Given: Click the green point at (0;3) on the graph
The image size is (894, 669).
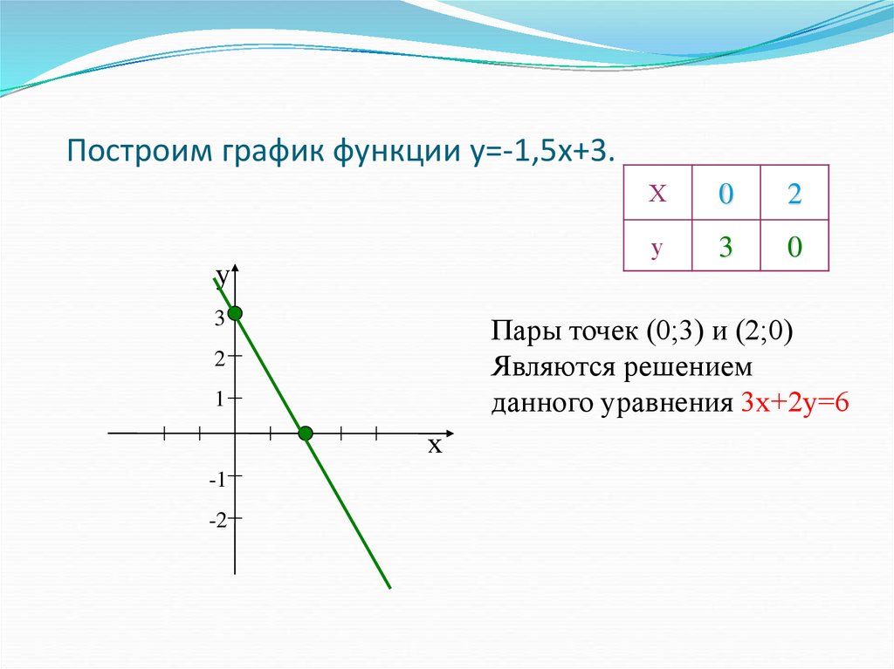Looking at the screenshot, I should pos(235,313).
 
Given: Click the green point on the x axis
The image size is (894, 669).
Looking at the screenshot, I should pos(306,433).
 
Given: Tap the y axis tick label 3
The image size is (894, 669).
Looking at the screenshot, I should pos(220,320).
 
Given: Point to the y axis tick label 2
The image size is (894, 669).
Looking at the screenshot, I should pos(220,358).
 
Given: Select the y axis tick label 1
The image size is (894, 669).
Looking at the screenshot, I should pos(221,398).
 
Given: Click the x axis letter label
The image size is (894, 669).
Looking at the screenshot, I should pos(435,447).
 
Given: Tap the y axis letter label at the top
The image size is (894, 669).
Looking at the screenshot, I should pos(223,277).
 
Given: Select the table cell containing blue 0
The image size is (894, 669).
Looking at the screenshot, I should pos(726,194).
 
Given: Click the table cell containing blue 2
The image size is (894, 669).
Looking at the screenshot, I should pos(794,194).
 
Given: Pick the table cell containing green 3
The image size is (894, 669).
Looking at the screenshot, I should pos(726,247).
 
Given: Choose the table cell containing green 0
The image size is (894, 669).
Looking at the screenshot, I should pos(794,247).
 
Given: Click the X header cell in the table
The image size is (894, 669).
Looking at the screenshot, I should pos(657,194).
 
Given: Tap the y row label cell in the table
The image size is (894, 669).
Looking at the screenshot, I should pos(657,247).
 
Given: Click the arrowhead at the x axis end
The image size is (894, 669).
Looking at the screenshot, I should pos(450,433).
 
